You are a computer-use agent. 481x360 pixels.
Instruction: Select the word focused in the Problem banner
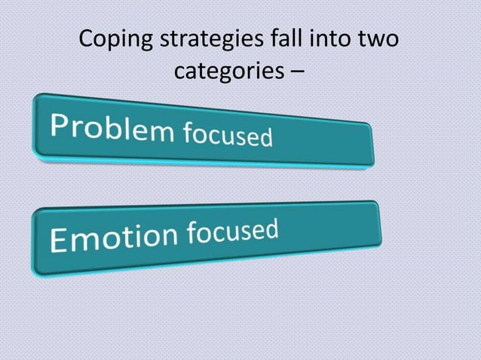click(x=225, y=137)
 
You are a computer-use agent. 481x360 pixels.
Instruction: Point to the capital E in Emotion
click(x=59, y=241)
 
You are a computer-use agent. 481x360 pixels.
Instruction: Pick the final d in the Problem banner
click(x=264, y=139)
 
